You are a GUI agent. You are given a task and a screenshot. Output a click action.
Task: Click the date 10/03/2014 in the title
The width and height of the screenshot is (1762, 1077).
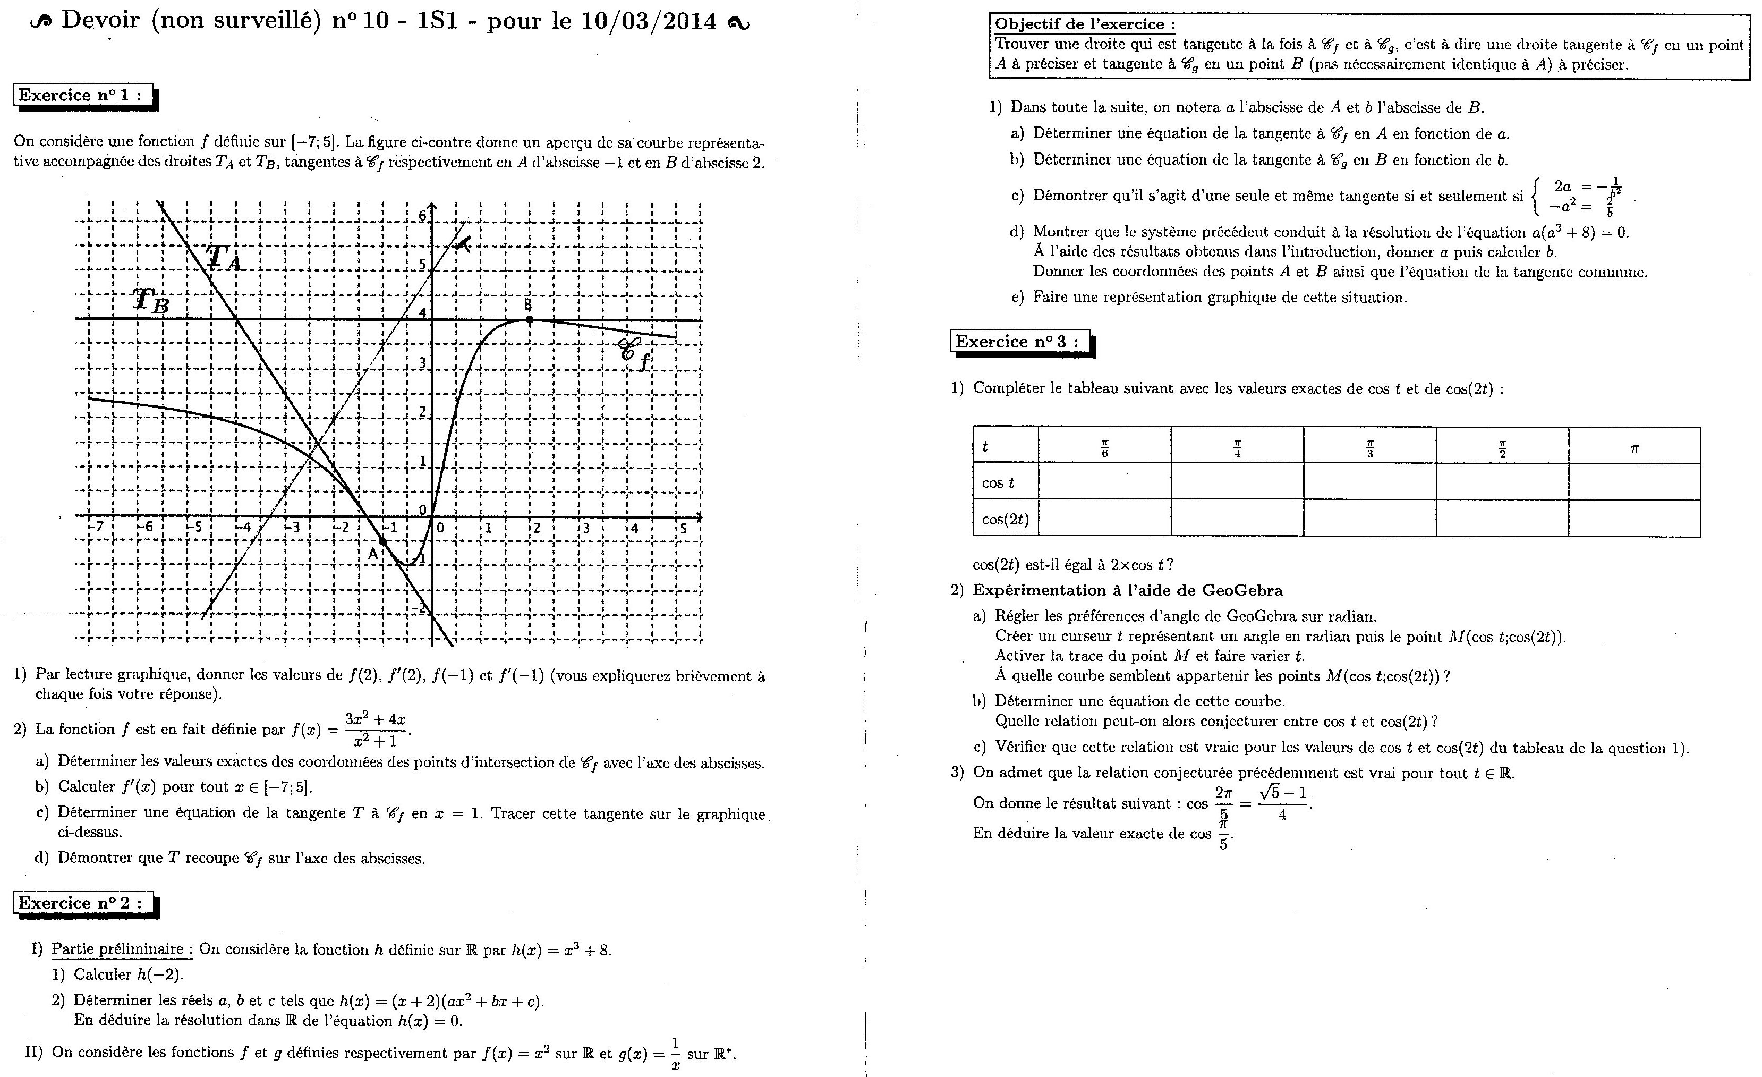pos(649,21)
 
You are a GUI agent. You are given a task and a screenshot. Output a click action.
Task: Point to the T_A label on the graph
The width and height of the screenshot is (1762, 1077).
pos(224,259)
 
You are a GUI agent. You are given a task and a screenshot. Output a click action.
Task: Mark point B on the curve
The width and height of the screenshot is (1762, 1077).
pos(529,320)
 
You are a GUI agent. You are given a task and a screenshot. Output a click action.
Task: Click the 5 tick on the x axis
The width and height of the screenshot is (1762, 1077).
pos(683,529)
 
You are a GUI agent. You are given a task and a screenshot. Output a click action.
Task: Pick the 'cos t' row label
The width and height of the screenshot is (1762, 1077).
pos(998,483)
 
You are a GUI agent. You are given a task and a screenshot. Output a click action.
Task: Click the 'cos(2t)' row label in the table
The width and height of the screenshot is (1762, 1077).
pos(1005,519)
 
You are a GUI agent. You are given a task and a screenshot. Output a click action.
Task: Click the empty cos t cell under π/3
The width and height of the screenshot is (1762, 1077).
pos(1369,482)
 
